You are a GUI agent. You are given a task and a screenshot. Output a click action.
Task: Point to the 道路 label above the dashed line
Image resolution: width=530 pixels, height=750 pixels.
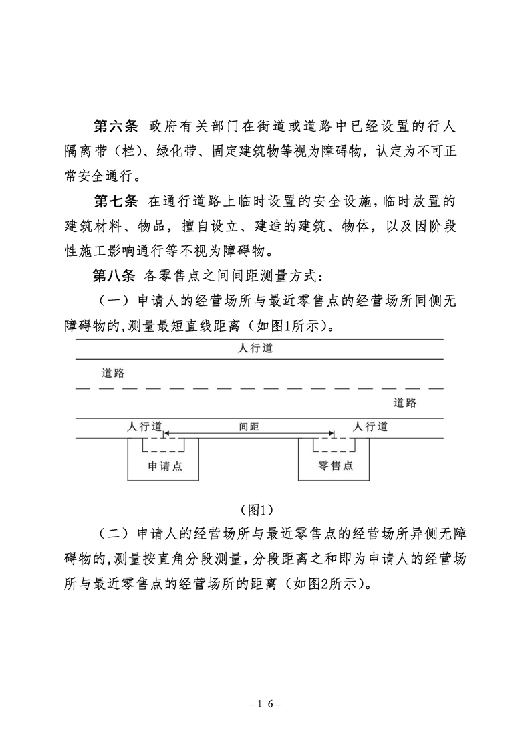pos(113,373)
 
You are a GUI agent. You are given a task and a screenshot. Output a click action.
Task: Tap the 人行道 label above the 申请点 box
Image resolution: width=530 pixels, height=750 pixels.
pos(144,426)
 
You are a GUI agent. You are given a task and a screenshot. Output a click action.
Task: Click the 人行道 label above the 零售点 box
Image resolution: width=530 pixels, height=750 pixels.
pos(370,426)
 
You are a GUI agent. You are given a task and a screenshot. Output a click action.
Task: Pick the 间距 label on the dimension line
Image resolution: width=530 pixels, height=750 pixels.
pos(249,426)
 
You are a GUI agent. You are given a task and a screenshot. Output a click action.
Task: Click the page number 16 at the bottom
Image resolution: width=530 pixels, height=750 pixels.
pos(265,704)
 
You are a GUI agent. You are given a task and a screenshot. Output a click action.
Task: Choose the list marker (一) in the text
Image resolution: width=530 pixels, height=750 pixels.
pos(114,301)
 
